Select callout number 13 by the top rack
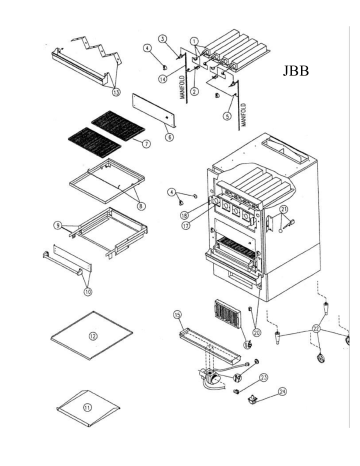116,91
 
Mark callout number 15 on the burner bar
178,316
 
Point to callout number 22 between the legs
317,328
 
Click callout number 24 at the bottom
282,392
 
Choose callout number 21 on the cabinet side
284,209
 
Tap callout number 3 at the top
163,38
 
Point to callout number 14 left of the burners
161,78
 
